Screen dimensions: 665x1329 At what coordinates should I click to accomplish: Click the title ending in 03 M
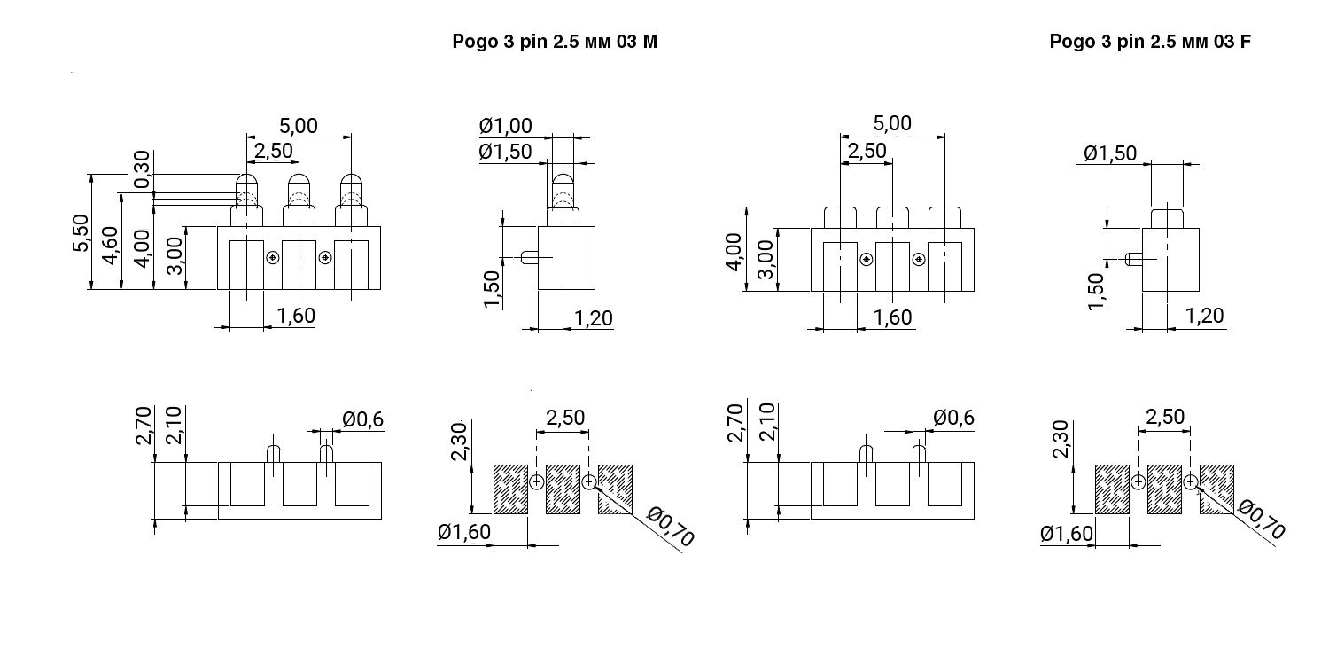pos(555,42)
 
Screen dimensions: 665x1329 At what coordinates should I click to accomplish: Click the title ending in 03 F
pos(1150,42)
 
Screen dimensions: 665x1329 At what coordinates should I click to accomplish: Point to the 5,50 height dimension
pos(82,233)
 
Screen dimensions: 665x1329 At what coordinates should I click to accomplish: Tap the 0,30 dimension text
pos(142,169)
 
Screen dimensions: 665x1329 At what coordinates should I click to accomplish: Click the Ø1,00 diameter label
pos(505,127)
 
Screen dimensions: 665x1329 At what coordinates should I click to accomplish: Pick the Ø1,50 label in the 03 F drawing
pos(1109,153)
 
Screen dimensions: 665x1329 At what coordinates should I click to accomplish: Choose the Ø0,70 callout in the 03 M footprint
pos(670,526)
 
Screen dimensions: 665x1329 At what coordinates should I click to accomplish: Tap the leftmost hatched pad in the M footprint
pos(510,489)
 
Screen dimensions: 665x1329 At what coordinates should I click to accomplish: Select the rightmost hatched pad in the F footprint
pos(1217,489)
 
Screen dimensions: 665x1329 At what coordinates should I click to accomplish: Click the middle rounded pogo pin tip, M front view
pos(299,189)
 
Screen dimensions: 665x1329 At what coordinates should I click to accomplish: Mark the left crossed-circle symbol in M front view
pos(273,258)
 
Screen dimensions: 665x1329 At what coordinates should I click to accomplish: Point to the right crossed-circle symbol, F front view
pos(919,259)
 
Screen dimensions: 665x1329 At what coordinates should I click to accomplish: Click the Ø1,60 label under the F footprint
pos(1067,533)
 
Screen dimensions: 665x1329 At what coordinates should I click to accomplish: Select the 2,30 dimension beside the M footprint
pos(459,441)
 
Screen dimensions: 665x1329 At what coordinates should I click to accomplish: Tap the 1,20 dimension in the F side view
pos(1203,316)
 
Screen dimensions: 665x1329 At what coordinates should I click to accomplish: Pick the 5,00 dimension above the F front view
pos(891,124)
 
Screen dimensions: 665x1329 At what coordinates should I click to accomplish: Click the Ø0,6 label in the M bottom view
pos(362,419)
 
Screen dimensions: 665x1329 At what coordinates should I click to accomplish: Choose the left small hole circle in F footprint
pos(1139,481)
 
